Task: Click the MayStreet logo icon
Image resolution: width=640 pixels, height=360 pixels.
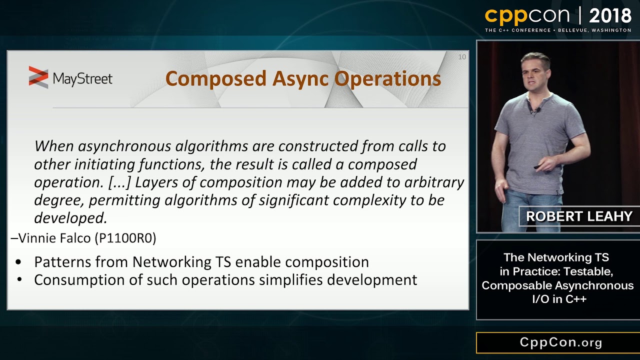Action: (38, 77)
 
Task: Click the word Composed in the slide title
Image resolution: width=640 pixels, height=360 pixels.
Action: (215, 78)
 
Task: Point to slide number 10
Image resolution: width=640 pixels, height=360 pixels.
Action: (461, 57)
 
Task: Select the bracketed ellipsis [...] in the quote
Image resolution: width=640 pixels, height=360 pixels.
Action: (119, 182)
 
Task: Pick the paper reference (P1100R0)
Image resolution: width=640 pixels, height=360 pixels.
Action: (125, 238)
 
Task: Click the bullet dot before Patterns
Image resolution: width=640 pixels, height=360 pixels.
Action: (19, 262)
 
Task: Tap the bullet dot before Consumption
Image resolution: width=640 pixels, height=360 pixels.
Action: (19, 280)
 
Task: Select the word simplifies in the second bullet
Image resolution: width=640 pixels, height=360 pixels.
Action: (291, 280)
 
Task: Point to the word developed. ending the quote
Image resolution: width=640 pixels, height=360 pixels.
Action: (70, 218)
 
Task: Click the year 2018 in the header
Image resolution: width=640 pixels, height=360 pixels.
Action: (610, 16)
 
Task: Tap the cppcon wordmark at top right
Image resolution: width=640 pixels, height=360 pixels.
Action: (527, 16)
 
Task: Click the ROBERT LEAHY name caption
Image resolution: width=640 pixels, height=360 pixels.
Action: (579, 216)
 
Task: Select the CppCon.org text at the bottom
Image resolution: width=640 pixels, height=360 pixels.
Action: (561, 342)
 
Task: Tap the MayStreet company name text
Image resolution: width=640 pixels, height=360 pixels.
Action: (82, 78)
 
